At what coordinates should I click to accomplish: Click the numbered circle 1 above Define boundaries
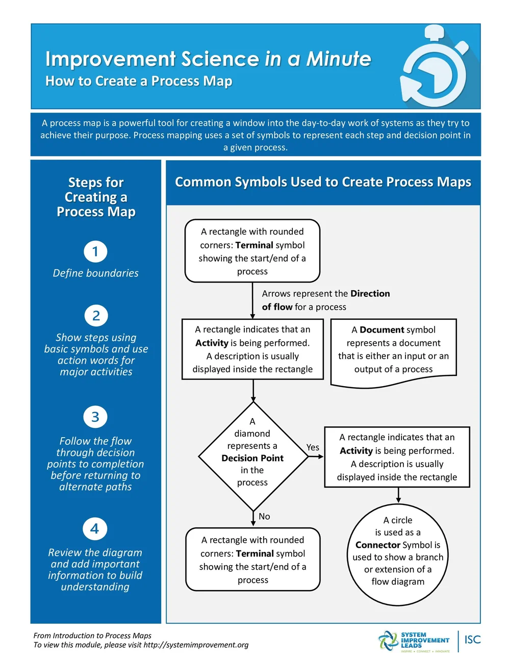click(x=95, y=251)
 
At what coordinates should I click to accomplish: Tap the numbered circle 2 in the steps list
click(x=96, y=316)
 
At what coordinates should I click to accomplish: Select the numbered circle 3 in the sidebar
click(x=95, y=417)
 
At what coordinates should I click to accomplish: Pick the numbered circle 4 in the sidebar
click(x=95, y=528)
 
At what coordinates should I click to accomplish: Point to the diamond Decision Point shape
click(x=253, y=456)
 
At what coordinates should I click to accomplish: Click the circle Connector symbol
click(x=398, y=551)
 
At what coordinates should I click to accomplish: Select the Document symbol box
click(x=393, y=351)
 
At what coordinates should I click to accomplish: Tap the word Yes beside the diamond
click(x=313, y=447)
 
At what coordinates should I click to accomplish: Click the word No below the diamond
click(x=264, y=516)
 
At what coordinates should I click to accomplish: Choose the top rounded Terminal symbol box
click(x=252, y=251)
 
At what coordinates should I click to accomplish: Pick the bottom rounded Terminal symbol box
click(x=253, y=560)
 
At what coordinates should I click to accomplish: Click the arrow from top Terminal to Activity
click(x=252, y=301)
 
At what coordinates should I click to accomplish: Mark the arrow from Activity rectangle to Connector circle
click(x=398, y=495)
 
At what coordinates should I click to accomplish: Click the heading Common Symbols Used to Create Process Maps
click(x=323, y=182)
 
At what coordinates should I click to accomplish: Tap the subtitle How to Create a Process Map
click(x=139, y=81)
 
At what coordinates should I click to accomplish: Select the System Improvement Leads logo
click(x=414, y=641)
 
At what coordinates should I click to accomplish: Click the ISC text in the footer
click(x=472, y=640)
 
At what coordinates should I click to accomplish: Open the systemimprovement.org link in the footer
click(x=196, y=645)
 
